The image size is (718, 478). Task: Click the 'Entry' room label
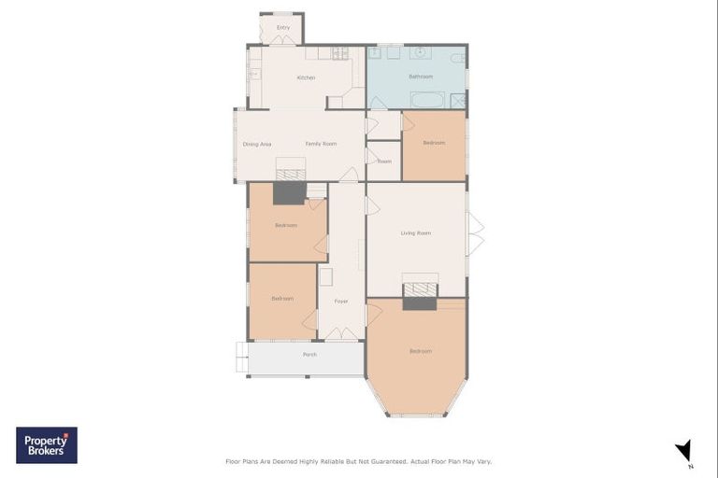[x=283, y=27]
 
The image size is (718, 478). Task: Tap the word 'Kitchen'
[x=306, y=77]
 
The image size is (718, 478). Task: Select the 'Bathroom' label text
[x=421, y=77]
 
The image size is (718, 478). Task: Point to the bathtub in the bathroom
[x=430, y=100]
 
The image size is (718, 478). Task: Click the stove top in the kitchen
[x=339, y=53]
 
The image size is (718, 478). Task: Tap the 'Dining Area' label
[x=257, y=144]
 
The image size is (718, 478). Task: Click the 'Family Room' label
[x=321, y=144]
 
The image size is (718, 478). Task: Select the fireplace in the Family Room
[x=291, y=169]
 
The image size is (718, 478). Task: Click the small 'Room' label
[x=384, y=162]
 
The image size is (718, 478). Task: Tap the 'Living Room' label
[x=416, y=232]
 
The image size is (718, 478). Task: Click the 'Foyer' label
[x=341, y=301]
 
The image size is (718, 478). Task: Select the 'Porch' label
[x=309, y=355]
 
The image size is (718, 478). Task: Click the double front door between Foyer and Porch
[x=341, y=333]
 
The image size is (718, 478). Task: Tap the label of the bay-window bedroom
[x=421, y=351]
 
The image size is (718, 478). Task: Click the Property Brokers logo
[x=47, y=445]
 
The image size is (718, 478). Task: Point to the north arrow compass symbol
[x=684, y=451]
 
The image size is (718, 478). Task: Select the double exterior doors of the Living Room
[x=475, y=233]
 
